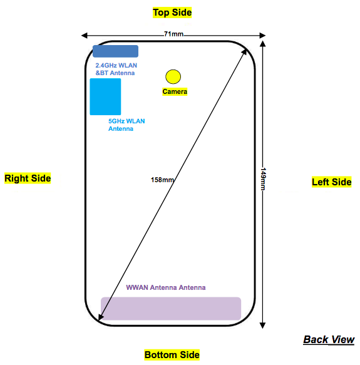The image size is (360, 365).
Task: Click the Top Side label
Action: pyautogui.click(x=172, y=13)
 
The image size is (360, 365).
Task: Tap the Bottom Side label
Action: pyautogui.click(x=172, y=355)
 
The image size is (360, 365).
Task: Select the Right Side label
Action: pyautogui.click(x=28, y=178)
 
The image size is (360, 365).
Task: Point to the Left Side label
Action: pyautogui.click(x=332, y=182)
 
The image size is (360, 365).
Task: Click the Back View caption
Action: pyautogui.click(x=329, y=339)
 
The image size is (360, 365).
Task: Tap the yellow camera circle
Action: pyautogui.click(x=173, y=76)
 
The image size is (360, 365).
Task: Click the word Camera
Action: pyautogui.click(x=175, y=91)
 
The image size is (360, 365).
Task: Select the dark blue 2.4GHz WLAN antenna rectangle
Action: pyautogui.click(x=115, y=51)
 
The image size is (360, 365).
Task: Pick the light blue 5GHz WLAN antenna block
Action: pyautogui.click(x=105, y=96)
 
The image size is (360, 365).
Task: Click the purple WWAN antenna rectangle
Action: pyautogui.click(x=171, y=309)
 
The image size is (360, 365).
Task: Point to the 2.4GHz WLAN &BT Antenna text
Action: pyautogui.click(x=116, y=69)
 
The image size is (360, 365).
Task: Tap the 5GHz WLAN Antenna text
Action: pyautogui.click(x=126, y=125)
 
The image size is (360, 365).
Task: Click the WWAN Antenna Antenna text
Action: pyautogui.click(x=166, y=287)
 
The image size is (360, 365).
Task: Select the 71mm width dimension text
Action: pyautogui.click(x=173, y=34)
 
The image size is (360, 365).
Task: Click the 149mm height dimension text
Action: pyautogui.click(x=263, y=179)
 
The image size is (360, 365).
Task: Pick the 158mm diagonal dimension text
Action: pyautogui.click(x=162, y=180)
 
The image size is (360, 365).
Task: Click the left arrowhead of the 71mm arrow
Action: pyautogui.click(x=84, y=36)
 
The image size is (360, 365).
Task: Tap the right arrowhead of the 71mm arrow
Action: pyautogui.click(x=263, y=36)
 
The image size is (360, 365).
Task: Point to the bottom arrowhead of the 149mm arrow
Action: pyautogui.click(x=263, y=326)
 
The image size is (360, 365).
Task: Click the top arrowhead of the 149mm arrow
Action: pyautogui.click(x=263, y=44)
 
